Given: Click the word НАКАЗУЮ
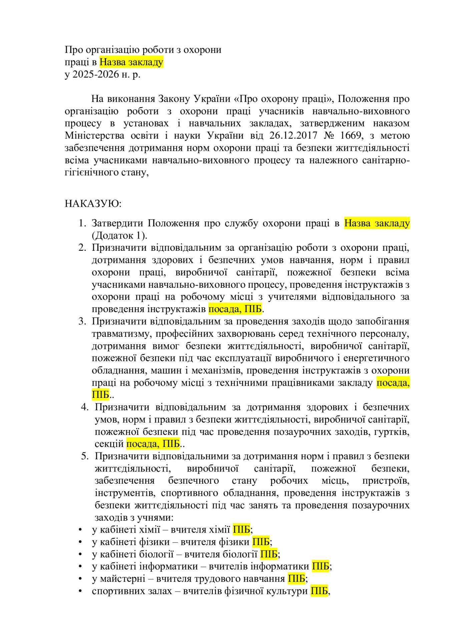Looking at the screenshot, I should (93, 203).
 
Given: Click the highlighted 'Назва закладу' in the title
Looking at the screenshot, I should (131, 62).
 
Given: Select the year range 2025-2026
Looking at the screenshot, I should (96, 74).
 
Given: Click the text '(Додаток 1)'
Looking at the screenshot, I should (119, 235).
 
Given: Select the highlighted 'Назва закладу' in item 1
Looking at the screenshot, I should (377, 223).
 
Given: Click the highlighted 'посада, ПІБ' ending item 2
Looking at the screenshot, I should (235, 309).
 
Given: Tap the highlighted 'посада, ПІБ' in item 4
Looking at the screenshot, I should (153, 444).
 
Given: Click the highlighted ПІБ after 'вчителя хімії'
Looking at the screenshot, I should (241, 529).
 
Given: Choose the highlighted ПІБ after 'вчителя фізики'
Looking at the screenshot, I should (261, 542).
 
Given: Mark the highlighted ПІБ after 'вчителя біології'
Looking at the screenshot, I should (269, 554).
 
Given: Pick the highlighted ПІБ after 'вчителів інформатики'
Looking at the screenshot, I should (320, 566).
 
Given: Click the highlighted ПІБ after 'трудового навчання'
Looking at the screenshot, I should (296, 579).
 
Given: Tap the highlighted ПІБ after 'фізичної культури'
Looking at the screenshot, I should (319, 591).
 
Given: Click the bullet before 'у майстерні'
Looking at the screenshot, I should (80, 579).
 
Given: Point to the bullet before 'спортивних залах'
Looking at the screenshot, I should (80, 591).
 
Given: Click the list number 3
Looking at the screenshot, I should (82, 321).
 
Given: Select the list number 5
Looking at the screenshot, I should (84, 456).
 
